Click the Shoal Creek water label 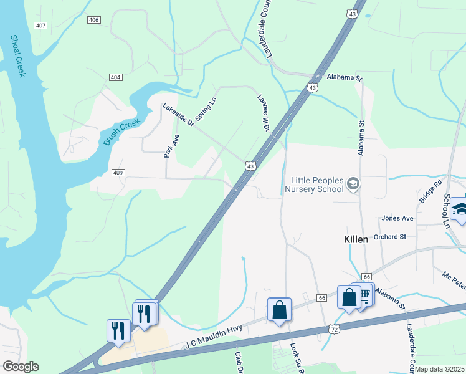17,55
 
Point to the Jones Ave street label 397,219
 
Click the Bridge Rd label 430,191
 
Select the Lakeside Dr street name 179,116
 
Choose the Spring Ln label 206,108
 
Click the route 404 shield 115,77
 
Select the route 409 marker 117,172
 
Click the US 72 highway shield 335,328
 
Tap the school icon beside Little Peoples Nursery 353,183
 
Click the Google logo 20,367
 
